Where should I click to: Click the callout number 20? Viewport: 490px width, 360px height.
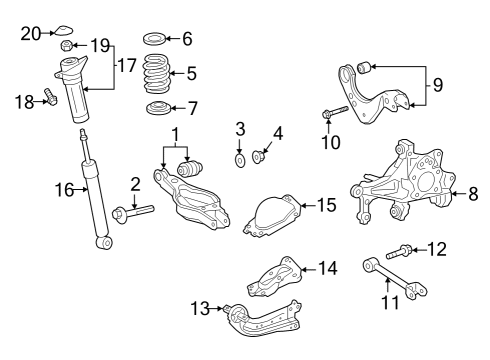pyautogui.click(x=31, y=33)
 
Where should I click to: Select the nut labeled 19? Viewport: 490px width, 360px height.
pyautogui.click(x=66, y=46)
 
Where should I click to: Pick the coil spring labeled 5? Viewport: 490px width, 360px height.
pyautogui.click(x=153, y=73)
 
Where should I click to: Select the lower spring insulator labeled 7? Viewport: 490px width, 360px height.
pyautogui.click(x=155, y=108)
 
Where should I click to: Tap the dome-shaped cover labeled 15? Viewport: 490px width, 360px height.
pyautogui.click(x=276, y=215)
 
